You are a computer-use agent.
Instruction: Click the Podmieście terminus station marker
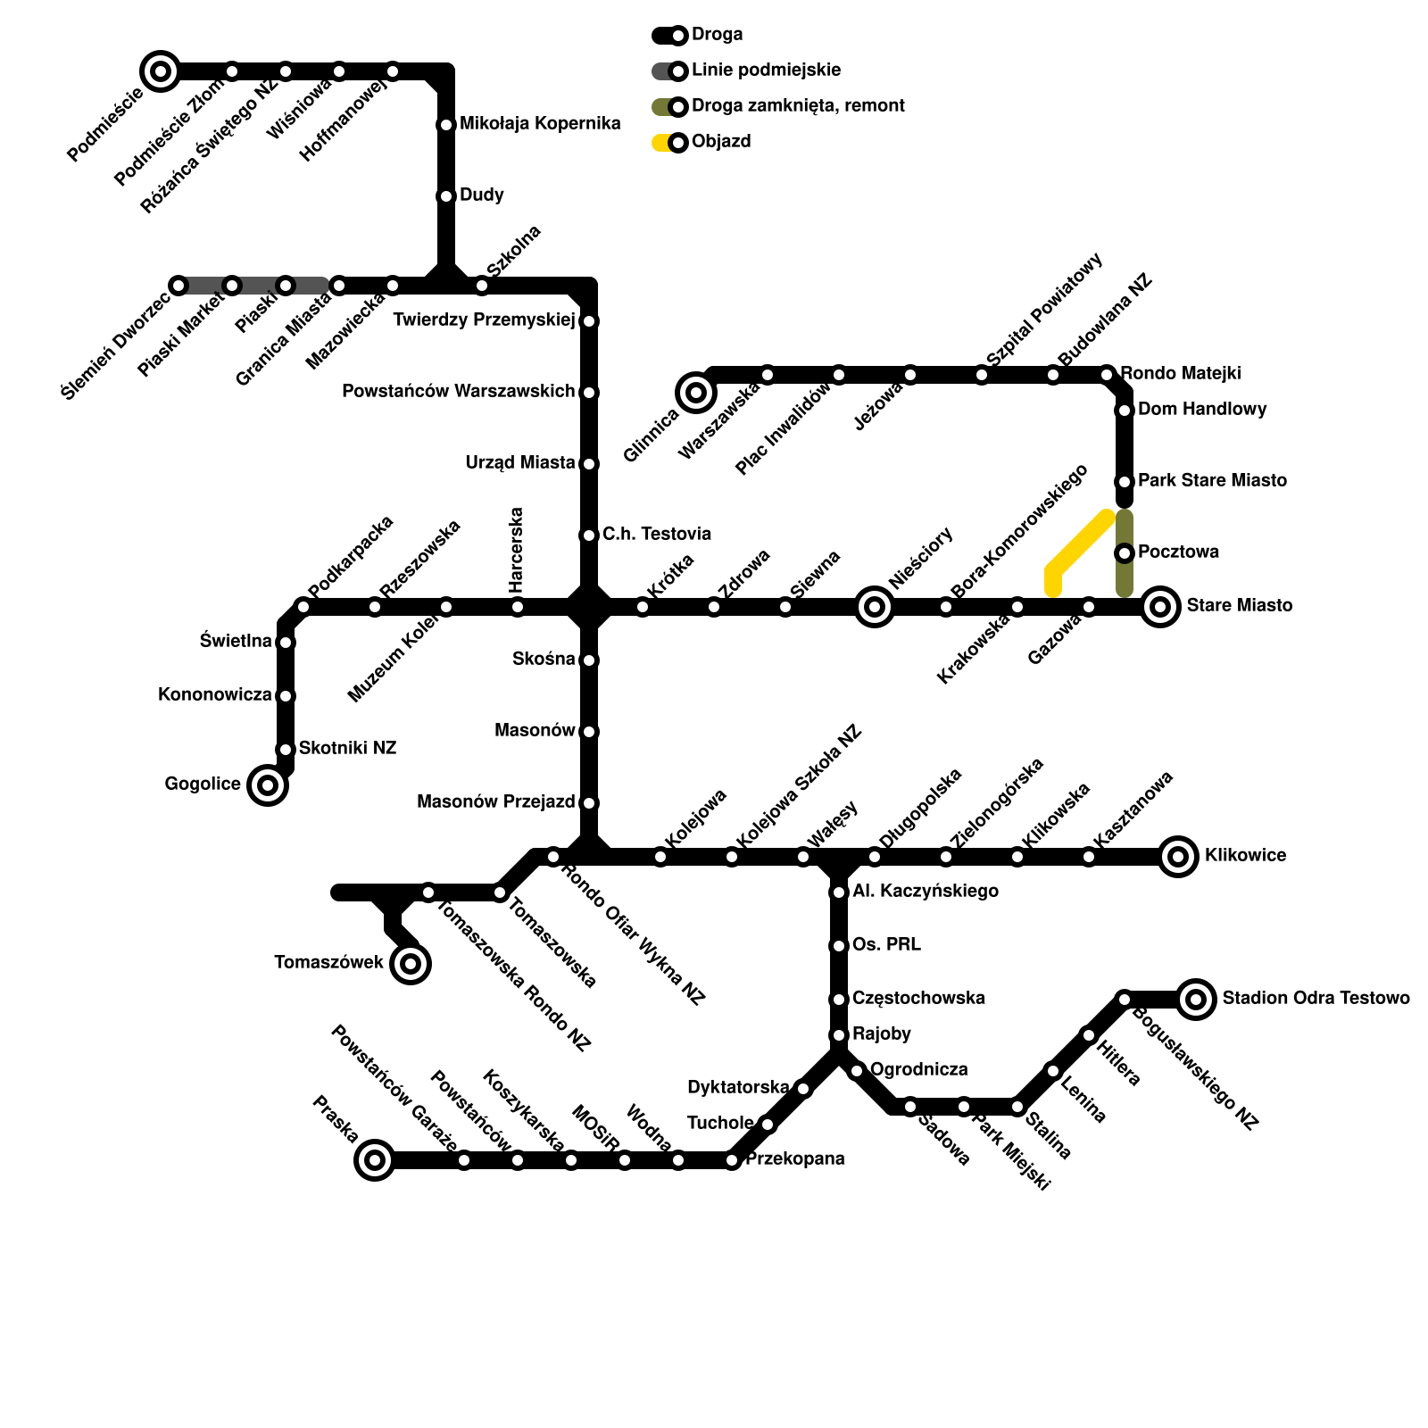point(161,71)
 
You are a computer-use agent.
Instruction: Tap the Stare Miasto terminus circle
point(1160,607)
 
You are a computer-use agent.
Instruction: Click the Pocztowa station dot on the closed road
point(1125,553)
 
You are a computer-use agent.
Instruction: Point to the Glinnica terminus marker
point(696,392)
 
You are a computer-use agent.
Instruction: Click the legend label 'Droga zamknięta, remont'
point(798,106)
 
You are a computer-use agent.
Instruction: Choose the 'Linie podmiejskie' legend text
point(766,71)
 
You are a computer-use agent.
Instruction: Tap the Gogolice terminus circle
point(268,785)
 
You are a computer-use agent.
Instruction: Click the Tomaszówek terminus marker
point(411,963)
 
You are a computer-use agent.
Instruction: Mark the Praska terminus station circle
point(375,1160)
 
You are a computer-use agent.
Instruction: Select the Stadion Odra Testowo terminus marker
point(1196,999)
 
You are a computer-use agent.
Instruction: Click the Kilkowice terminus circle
point(1178,857)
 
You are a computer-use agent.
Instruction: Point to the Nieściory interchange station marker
point(875,607)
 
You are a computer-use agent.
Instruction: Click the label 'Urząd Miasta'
point(520,463)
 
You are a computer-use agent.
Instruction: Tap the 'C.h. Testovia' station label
point(657,535)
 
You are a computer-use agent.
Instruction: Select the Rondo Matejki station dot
point(1107,375)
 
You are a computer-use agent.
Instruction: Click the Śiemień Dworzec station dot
point(178,286)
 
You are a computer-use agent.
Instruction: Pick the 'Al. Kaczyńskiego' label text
point(926,892)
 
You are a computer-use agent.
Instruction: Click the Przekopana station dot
point(732,1160)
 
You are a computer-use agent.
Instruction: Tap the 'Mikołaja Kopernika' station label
point(540,124)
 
